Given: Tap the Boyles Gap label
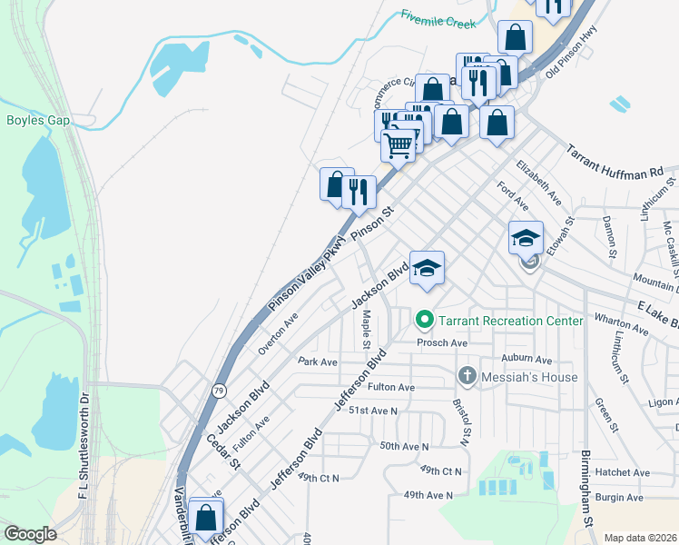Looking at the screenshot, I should (x=39, y=119).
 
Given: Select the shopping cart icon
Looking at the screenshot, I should (x=398, y=144).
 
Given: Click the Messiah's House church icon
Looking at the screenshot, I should (x=467, y=376).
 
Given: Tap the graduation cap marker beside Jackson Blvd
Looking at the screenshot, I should (x=427, y=268).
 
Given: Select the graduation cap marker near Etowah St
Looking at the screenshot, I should (x=526, y=238).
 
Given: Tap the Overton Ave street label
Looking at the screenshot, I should (x=278, y=332).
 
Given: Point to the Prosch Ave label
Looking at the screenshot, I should (x=441, y=343).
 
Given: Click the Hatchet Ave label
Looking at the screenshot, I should (x=623, y=472).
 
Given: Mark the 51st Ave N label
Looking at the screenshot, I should (x=373, y=411).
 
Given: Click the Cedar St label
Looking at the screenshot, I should (x=224, y=451).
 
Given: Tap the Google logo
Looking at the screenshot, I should (x=30, y=534).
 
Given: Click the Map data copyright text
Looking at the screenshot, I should (x=639, y=538).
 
